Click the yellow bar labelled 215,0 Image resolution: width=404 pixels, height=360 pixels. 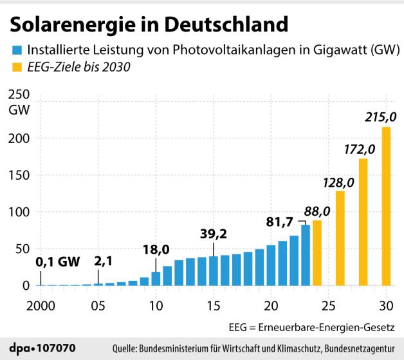pos(386,206)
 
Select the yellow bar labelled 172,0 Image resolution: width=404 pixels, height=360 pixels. pos(363,222)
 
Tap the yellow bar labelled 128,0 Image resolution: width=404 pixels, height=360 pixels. pos(340,238)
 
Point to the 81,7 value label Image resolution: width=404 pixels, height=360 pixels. pos(279,222)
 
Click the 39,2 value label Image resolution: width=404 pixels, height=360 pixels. pos(214,233)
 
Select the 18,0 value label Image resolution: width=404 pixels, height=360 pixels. pos(156,249)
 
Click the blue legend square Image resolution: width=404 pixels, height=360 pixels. pos(15,50)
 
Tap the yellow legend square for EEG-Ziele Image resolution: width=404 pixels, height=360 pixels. pos(15,67)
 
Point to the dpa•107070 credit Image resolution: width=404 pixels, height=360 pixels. pos(44,348)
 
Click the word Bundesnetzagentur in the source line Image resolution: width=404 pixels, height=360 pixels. pos(361,348)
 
